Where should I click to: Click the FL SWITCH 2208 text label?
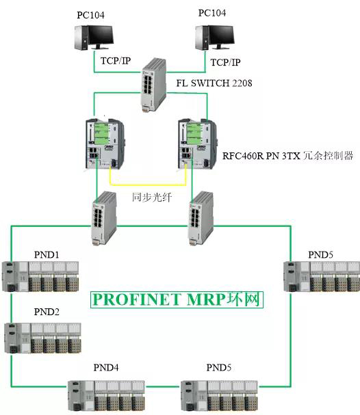pos(214,83)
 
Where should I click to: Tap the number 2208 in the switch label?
pos(242,83)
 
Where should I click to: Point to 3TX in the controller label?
pos(291,156)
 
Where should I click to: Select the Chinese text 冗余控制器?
pos(328,155)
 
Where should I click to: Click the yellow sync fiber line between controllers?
pos(148,185)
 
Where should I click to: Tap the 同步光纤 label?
pos(152,197)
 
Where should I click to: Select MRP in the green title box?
pos(206,299)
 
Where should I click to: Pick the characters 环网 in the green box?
pos(244,299)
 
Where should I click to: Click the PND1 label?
pos(47,254)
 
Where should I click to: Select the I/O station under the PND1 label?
pos(40,276)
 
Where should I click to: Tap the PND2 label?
pos(47,312)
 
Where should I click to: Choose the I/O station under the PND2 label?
pos(43,338)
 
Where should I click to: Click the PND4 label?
pos(106,367)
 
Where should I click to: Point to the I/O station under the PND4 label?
pos(107,397)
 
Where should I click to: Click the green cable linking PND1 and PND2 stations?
pos(12,308)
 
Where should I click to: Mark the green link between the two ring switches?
pos(153,226)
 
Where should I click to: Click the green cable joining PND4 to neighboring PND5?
pos(163,386)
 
